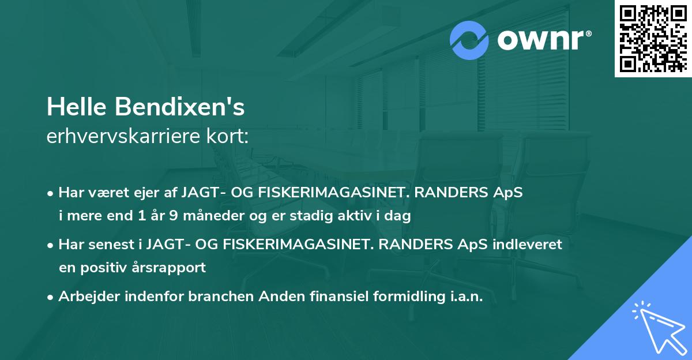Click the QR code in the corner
653,39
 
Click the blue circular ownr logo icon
469,40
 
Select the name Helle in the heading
77,107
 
